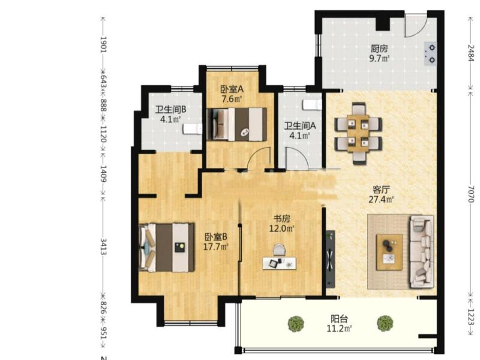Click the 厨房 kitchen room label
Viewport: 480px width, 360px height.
[379, 49]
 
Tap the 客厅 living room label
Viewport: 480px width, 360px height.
[381, 190]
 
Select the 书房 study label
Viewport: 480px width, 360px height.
[281, 218]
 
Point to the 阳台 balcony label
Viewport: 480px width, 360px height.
[339, 319]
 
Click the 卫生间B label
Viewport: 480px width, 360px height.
[170, 109]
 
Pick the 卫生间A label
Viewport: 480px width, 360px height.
[300, 125]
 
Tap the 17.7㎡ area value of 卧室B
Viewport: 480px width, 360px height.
[216, 247]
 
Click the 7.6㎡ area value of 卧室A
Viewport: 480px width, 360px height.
[232, 99]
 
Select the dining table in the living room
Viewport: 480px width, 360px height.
[358, 133]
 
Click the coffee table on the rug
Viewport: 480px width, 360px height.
[389, 252]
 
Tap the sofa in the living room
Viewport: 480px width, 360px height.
[422, 251]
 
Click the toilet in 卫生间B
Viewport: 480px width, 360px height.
[193, 129]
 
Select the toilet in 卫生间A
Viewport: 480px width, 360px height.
[312, 104]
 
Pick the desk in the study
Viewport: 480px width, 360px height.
[280, 263]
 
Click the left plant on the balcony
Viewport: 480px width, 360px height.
[296, 324]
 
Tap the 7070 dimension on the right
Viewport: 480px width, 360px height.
[471, 194]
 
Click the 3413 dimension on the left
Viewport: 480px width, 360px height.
[103, 247]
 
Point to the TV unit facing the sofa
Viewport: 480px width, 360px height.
[330, 259]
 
